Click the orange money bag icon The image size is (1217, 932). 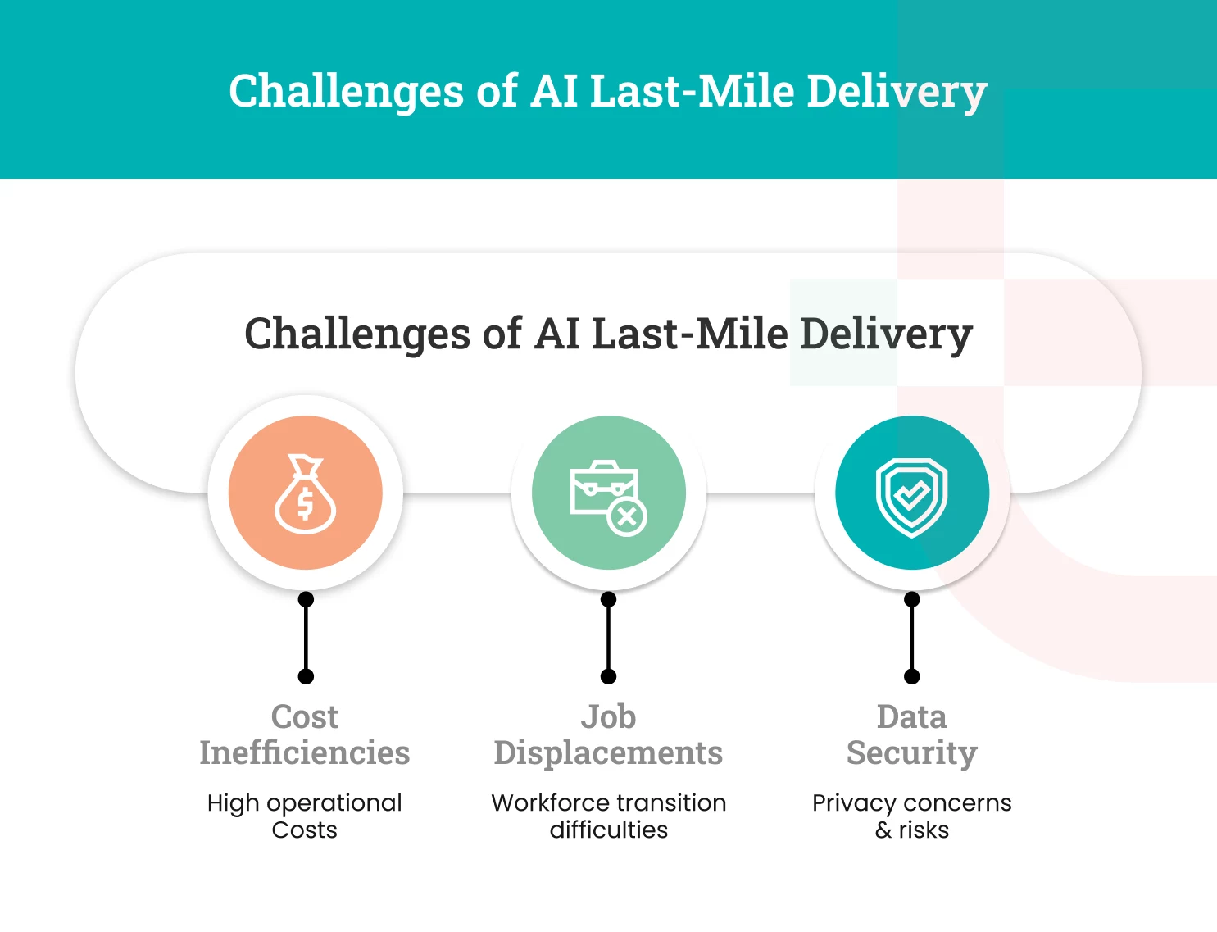click(x=305, y=493)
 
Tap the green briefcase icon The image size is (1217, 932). click(x=608, y=493)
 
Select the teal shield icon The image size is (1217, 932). click(x=911, y=493)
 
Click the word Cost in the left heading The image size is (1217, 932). click(x=305, y=716)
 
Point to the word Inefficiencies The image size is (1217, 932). click(x=305, y=752)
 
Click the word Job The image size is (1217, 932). click(x=608, y=716)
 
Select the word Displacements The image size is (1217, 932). click(x=608, y=752)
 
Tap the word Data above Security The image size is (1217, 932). click(x=911, y=716)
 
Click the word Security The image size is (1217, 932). click(x=911, y=752)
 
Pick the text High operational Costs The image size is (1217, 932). click(x=305, y=816)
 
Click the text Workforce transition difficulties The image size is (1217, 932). click(x=608, y=816)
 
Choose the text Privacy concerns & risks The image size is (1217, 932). click(x=911, y=816)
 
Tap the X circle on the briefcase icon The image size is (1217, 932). click(x=627, y=516)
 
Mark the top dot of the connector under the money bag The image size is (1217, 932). click(x=306, y=599)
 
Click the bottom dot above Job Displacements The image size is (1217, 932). click(x=608, y=676)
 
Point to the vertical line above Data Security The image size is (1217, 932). click(x=911, y=638)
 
